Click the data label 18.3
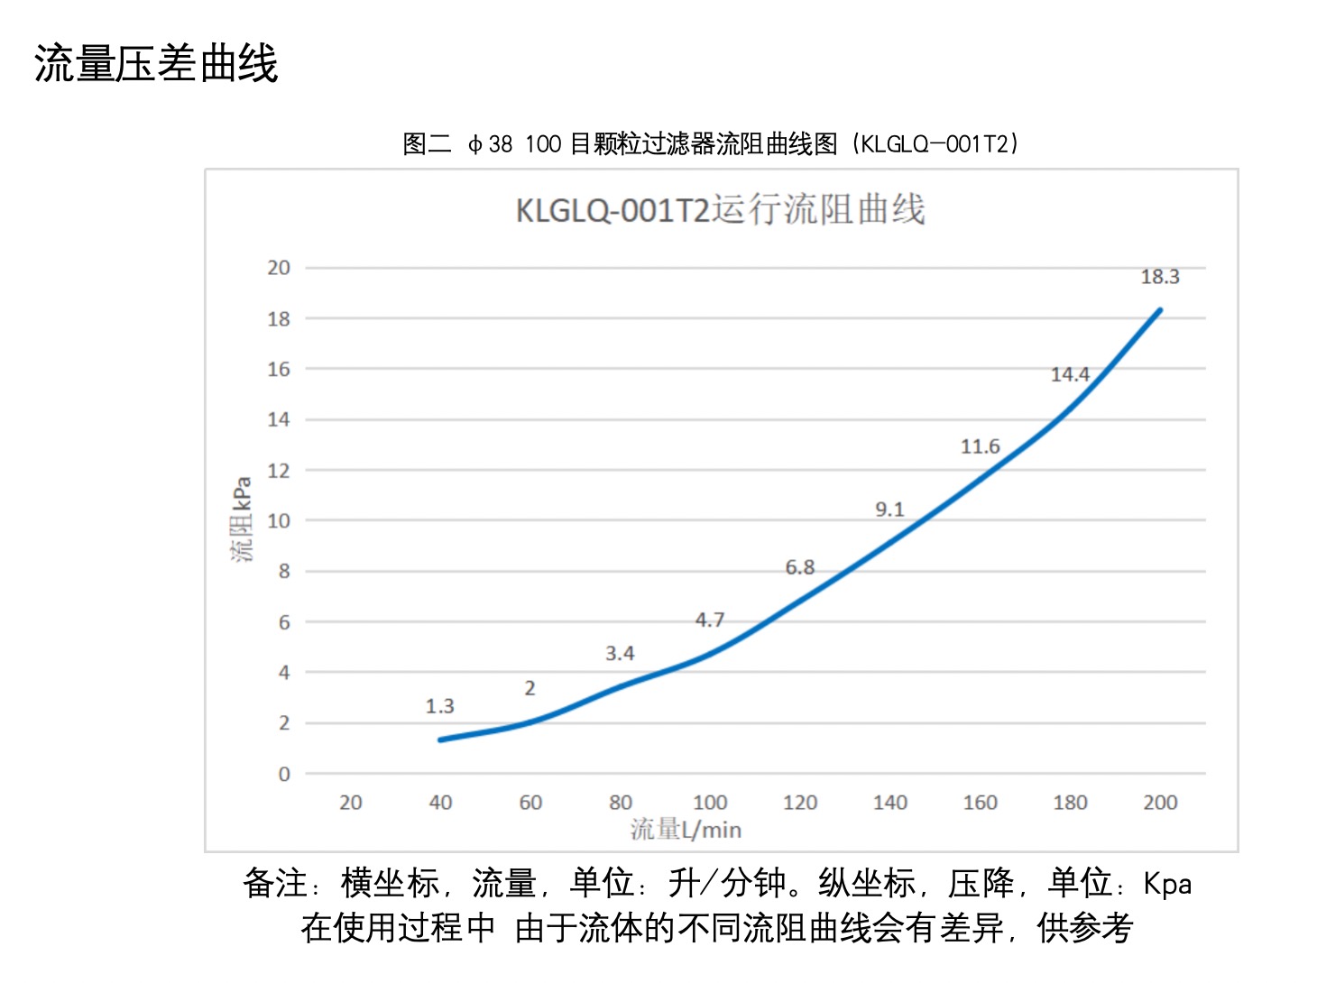click(1159, 277)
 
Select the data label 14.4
click(1070, 374)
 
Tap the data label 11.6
click(980, 446)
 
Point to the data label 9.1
click(889, 510)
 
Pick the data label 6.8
click(799, 567)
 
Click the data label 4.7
click(709, 620)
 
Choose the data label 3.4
click(620, 653)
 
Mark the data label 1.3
click(439, 706)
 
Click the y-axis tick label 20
click(279, 268)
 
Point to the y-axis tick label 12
click(279, 471)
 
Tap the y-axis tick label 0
click(284, 774)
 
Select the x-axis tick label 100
click(710, 803)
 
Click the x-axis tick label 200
click(1160, 803)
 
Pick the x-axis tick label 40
click(440, 803)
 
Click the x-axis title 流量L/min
click(686, 830)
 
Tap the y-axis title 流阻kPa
click(242, 519)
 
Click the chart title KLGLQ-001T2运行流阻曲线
click(720, 209)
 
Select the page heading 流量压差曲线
click(156, 64)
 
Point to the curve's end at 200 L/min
click(1159, 310)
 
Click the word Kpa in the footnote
click(1167, 884)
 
